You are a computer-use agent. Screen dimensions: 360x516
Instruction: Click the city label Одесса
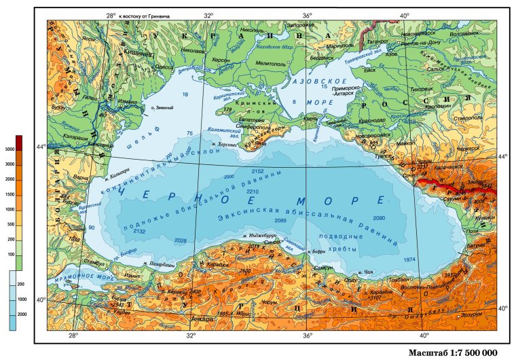coord(164,67)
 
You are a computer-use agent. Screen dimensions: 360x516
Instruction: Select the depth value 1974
coord(409,259)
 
